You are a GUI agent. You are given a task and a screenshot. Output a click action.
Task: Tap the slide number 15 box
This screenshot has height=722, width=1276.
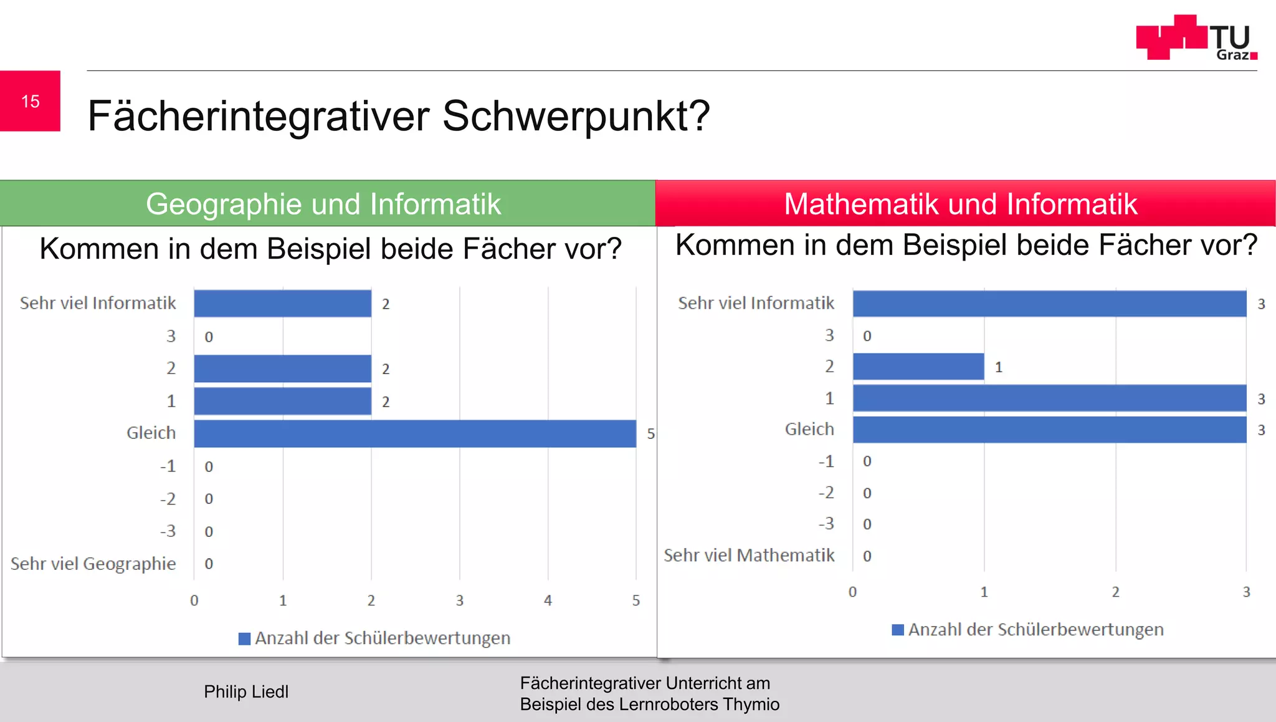click(x=30, y=101)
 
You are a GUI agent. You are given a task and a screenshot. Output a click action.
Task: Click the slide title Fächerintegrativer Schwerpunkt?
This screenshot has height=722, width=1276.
click(x=399, y=116)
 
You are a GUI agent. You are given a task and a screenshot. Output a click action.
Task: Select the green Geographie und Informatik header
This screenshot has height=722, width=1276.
click(x=324, y=204)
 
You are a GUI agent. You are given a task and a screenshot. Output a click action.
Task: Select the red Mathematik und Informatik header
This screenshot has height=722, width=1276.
click(x=961, y=204)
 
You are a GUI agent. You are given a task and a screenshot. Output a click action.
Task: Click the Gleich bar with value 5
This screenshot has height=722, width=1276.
click(x=415, y=433)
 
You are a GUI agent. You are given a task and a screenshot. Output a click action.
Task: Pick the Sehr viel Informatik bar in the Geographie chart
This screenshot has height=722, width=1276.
click(x=282, y=304)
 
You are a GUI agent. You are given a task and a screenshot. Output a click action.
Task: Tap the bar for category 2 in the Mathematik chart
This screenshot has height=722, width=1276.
click(x=918, y=367)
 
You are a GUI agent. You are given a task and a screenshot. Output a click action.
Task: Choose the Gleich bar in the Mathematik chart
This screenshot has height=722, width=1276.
click(x=1049, y=430)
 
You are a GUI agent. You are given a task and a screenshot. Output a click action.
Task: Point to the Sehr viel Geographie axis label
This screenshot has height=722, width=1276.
click(x=93, y=564)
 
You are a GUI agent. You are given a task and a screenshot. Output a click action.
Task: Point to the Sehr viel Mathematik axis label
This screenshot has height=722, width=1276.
click(x=749, y=555)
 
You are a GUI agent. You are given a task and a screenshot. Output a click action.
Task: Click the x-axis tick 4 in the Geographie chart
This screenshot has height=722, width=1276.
click(x=548, y=600)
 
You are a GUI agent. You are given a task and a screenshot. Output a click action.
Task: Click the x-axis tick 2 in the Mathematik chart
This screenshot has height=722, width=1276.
click(x=1115, y=592)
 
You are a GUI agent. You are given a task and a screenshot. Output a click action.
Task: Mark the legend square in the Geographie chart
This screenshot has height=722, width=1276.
click(x=244, y=638)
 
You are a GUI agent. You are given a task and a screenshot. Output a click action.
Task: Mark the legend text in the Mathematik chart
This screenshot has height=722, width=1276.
click(x=1036, y=630)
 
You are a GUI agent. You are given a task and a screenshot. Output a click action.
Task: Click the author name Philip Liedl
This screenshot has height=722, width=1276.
click(x=246, y=691)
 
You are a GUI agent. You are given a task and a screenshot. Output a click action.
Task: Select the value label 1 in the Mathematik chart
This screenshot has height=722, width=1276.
click(x=999, y=367)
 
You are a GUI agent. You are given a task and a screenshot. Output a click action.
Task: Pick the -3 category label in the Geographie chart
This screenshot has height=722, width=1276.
click(x=168, y=531)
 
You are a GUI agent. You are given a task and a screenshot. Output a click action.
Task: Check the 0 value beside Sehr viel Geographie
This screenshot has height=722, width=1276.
click(x=209, y=564)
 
